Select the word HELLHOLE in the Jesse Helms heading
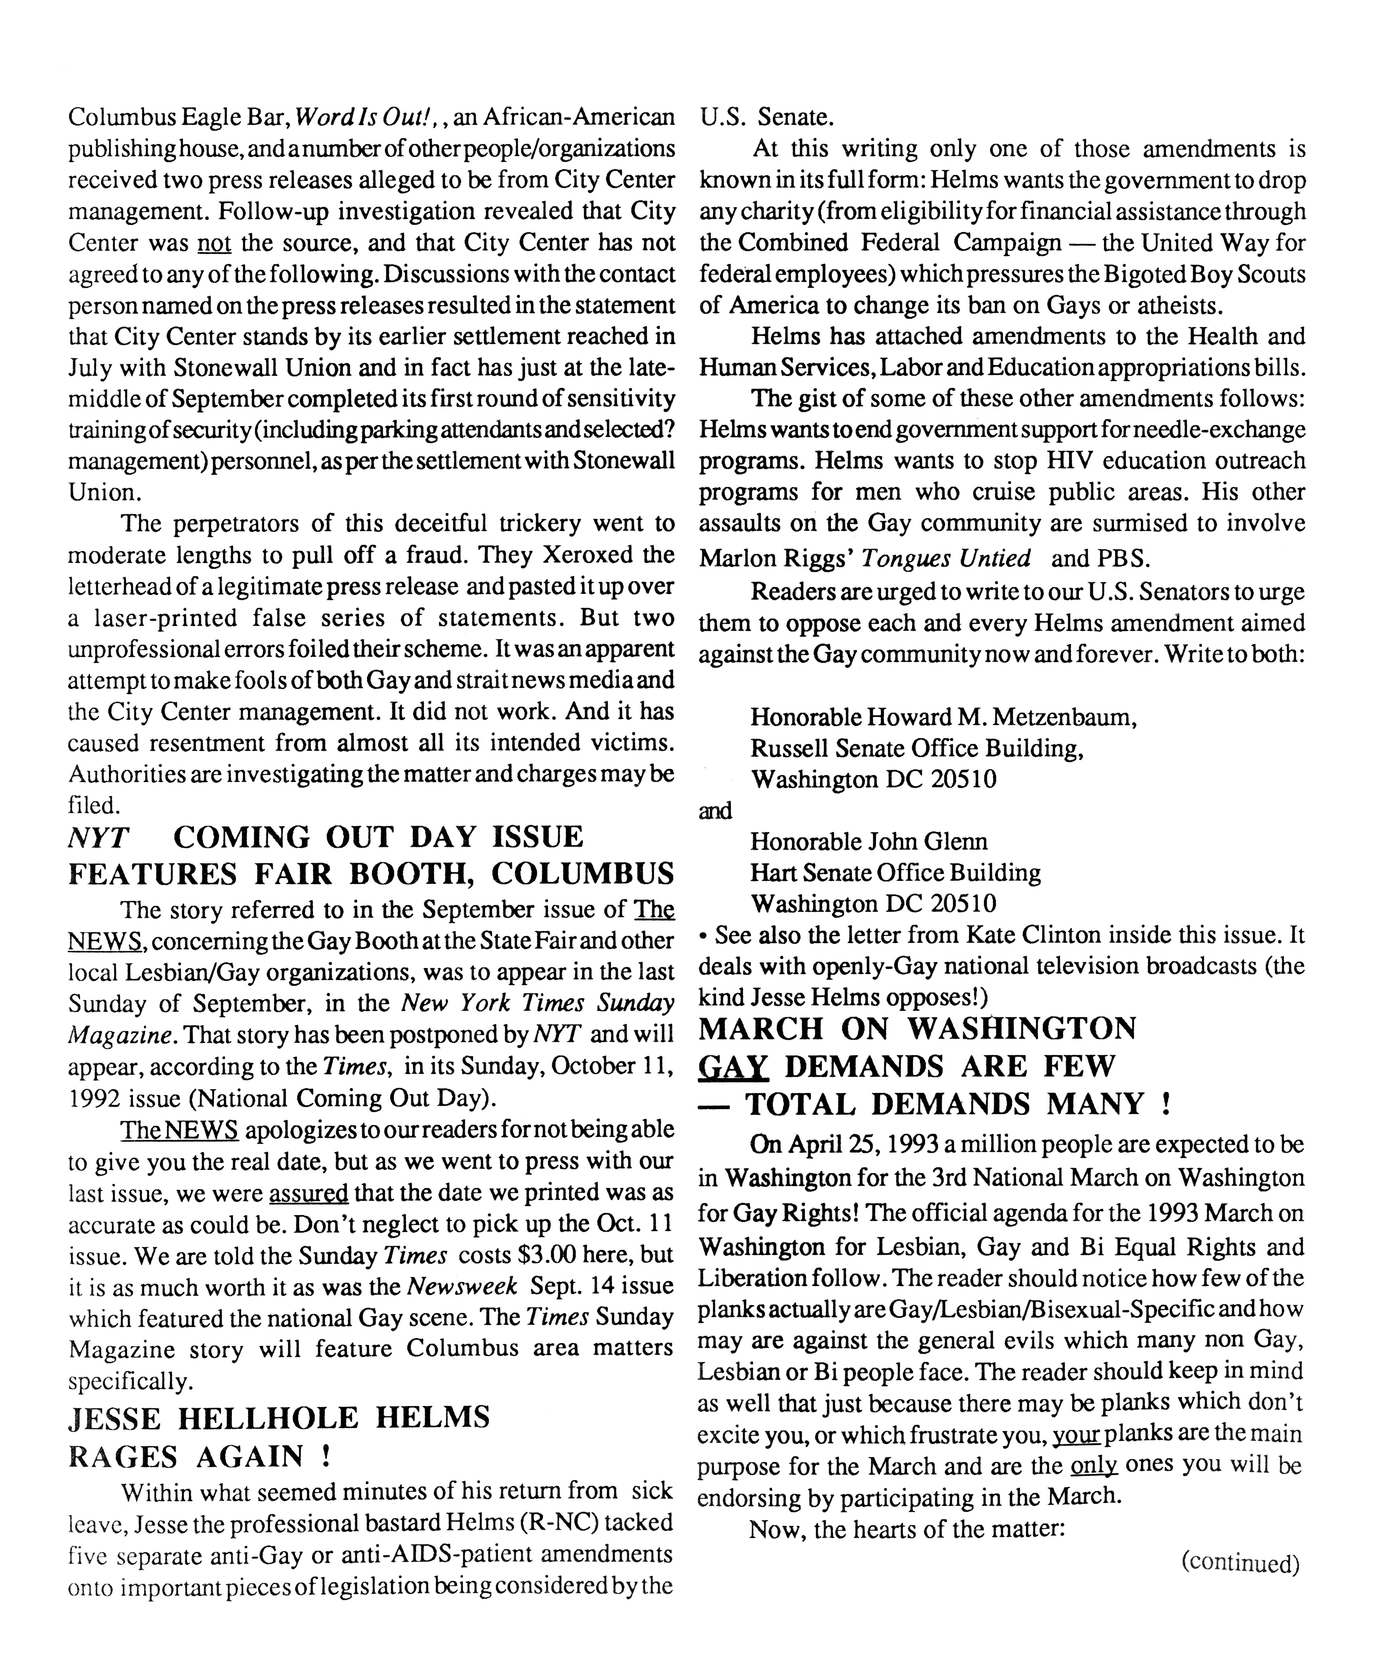[x=271, y=1418]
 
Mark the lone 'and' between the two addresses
[x=715, y=811]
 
